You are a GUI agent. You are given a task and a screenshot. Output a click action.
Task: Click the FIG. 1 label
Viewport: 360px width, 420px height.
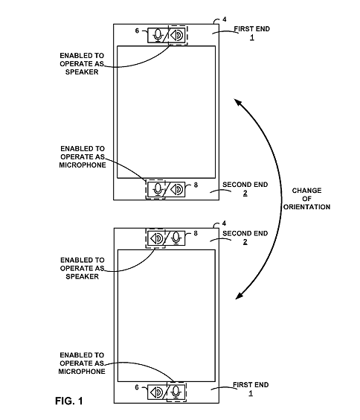click(x=68, y=401)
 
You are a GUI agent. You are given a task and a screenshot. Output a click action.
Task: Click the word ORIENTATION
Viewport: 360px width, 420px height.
click(x=306, y=207)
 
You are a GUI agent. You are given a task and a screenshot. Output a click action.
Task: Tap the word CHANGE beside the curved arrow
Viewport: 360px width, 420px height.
click(x=306, y=191)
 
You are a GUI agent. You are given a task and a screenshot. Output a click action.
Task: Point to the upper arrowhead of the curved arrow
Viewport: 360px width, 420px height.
click(x=238, y=103)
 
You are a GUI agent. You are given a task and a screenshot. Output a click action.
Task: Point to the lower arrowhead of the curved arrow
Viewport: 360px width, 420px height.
click(x=239, y=295)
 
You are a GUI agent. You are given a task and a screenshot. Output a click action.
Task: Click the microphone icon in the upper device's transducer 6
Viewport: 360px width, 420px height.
click(x=158, y=35)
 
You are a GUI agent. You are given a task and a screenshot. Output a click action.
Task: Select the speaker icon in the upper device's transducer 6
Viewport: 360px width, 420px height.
click(x=177, y=35)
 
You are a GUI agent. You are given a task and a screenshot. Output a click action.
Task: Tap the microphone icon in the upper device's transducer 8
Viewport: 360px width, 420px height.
click(x=158, y=190)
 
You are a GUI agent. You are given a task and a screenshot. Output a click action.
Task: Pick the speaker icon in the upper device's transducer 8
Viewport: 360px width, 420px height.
click(x=176, y=190)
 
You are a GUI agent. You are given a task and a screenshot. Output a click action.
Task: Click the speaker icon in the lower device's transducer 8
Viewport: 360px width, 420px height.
click(x=156, y=238)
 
